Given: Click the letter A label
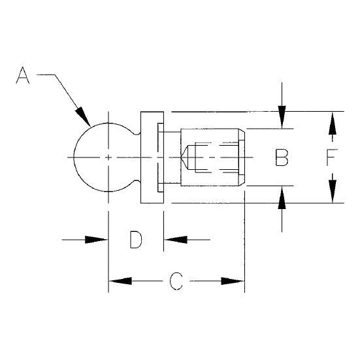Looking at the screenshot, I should tap(24, 77).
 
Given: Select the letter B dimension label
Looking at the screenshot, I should tap(281, 158).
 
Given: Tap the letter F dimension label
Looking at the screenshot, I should tap(333, 158).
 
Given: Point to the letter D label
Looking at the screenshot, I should tap(135, 240).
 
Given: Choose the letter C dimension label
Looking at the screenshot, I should tap(175, 281).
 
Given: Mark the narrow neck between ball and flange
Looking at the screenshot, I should tap(139, 157).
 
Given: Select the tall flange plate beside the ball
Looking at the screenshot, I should tap(150, 157).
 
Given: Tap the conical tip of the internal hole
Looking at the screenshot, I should tap(187, 157).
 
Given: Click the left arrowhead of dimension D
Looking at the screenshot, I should tap(97, 240).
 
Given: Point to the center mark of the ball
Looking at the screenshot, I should tap(108, 157).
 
